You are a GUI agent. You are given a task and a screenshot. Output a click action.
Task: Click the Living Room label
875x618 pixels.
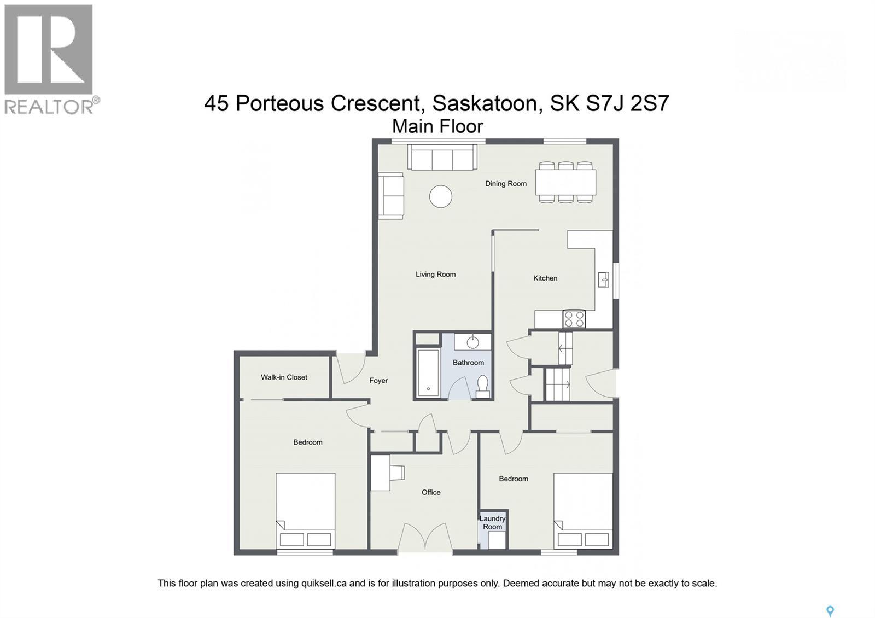pos(435,275)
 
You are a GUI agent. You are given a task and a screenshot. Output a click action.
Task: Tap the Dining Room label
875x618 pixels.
pos(506,184)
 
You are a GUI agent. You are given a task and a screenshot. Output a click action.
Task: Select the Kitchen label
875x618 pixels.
pos(545,278)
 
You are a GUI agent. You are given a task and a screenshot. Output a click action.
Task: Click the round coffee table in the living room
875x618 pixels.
pos(441,196)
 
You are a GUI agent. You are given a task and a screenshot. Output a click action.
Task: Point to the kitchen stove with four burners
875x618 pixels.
pos(574,319)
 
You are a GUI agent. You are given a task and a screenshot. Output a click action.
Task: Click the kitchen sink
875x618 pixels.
pos(604,279)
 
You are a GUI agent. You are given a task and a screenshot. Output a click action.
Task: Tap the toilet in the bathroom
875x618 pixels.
pos(482,387)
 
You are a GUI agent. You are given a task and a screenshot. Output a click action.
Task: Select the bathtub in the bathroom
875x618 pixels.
pos(428,374)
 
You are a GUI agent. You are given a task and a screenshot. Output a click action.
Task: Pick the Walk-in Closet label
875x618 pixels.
pos(284,377)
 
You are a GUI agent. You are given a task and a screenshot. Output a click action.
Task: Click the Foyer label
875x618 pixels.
pos(378,381)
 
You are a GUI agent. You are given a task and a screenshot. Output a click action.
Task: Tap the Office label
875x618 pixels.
pos(431,492)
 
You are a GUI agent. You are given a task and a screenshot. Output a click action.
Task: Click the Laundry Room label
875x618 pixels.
pos(492,523)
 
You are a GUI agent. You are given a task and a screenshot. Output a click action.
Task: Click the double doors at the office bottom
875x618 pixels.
pos(425,539)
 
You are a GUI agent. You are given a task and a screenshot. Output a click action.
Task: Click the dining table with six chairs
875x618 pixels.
pos(565,183)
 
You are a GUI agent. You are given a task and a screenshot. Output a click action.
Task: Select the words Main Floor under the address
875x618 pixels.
pos(437,126)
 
